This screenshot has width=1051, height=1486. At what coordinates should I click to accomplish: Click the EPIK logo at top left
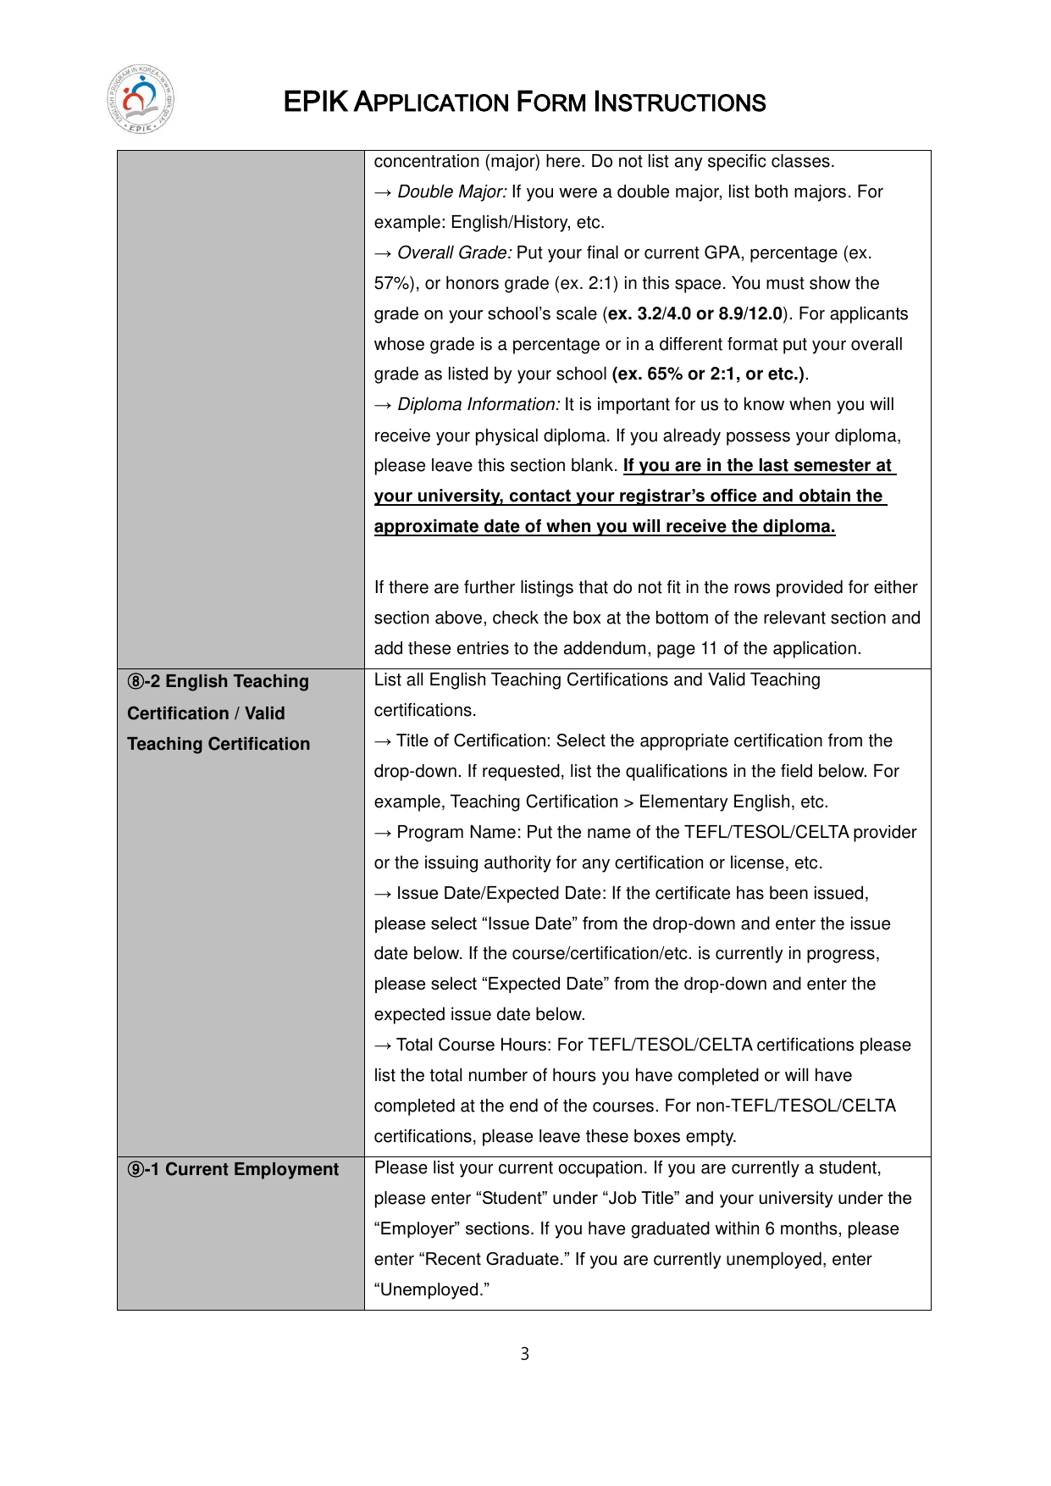[x=141, y=99]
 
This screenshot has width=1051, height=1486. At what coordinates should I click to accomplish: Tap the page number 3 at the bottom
[x=525, y=1354]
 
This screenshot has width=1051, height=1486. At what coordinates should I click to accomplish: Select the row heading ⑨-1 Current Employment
[x=233, y=1169]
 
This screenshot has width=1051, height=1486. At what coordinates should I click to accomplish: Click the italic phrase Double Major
[x=451, y=192]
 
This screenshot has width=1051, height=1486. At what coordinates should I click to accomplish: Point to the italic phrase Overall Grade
[x=455, y=253]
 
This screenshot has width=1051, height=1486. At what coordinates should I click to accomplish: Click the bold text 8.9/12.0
[x=750, y=314]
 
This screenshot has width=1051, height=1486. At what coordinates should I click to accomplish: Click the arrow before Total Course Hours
[x=383, y=1045]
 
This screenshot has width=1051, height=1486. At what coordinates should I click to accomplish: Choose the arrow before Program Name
[x=383, y=833]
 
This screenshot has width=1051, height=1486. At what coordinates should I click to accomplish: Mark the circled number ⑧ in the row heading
[x=136, y=682]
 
